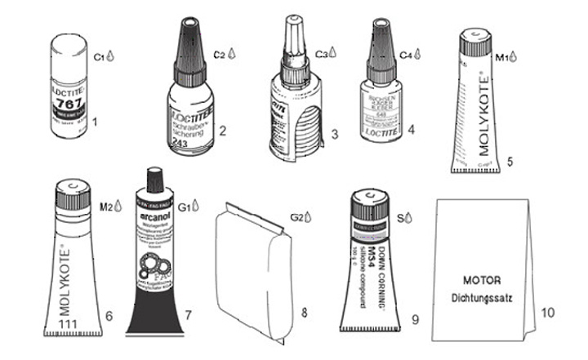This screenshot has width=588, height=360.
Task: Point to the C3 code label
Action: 321,56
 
